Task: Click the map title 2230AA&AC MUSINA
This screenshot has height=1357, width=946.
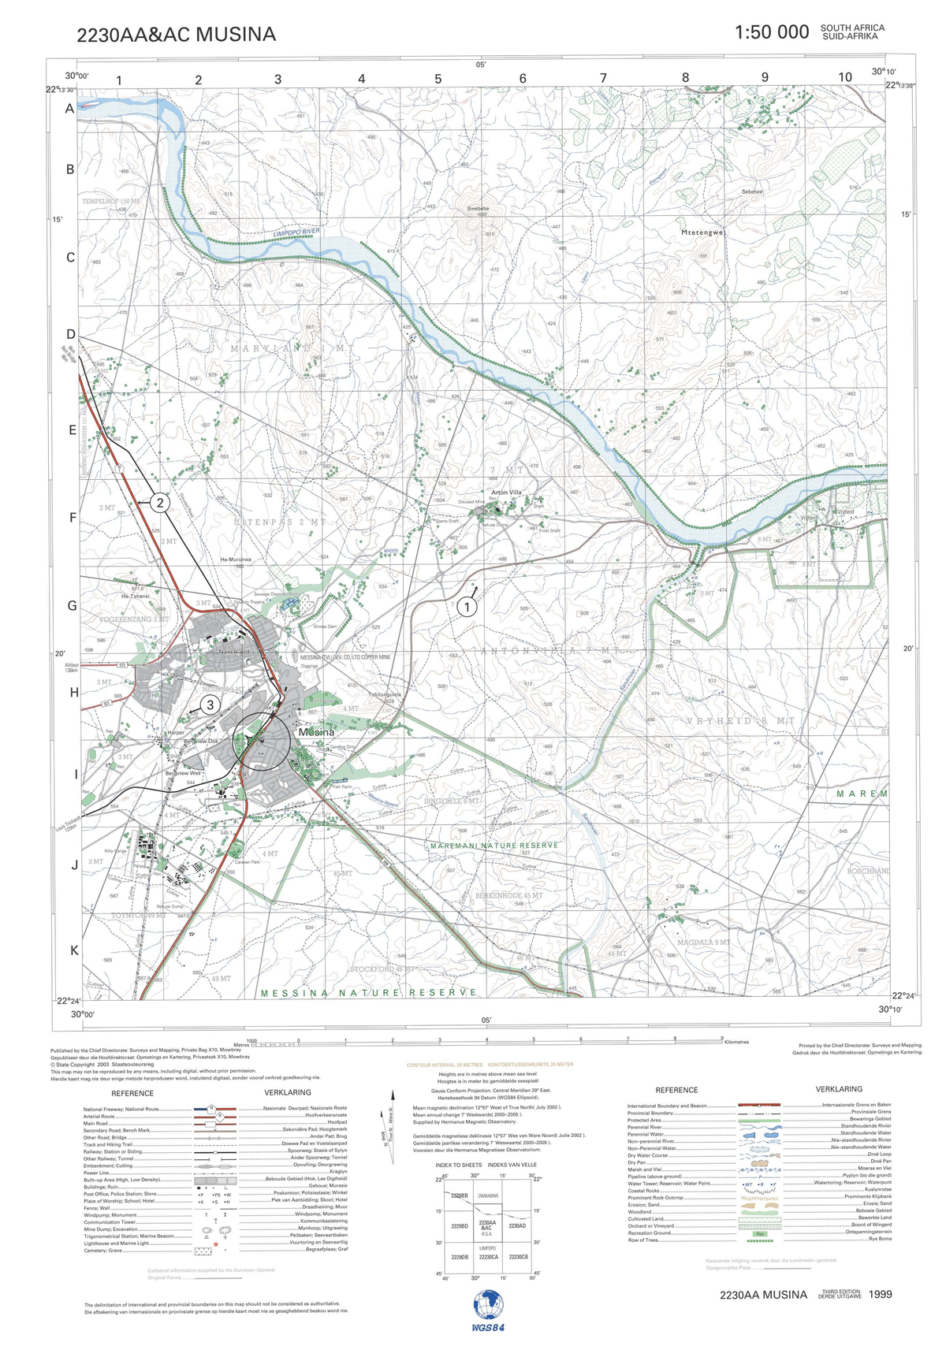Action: (x=177, y=35)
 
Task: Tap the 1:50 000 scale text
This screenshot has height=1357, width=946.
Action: (x=771, y=32)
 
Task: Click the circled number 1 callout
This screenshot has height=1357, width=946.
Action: (x=467, y=608)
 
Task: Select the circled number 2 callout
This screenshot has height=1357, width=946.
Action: (x=160, y=503)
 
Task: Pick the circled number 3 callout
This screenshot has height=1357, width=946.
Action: (x=210, y=705)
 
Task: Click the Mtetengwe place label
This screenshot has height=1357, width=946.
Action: (x=702, y=232)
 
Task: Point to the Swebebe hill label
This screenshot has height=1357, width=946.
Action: (x=478, y=209)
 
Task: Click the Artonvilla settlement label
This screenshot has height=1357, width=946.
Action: (x=506, y=493)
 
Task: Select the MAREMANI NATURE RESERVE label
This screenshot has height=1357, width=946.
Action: (x=494, y=846)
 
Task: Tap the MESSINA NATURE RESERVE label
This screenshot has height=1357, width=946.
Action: (x=368, y=993)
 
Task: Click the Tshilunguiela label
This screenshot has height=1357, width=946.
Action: (x=385, y=694)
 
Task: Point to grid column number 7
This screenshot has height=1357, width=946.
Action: (x=603, y=78)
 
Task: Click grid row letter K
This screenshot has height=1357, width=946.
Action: (x=75, y=950)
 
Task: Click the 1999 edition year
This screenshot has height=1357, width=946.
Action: (x=881, y=1294)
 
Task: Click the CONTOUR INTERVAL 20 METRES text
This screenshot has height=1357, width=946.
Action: (x=445, y=1065)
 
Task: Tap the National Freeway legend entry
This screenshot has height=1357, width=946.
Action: (x=121, y=1110)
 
